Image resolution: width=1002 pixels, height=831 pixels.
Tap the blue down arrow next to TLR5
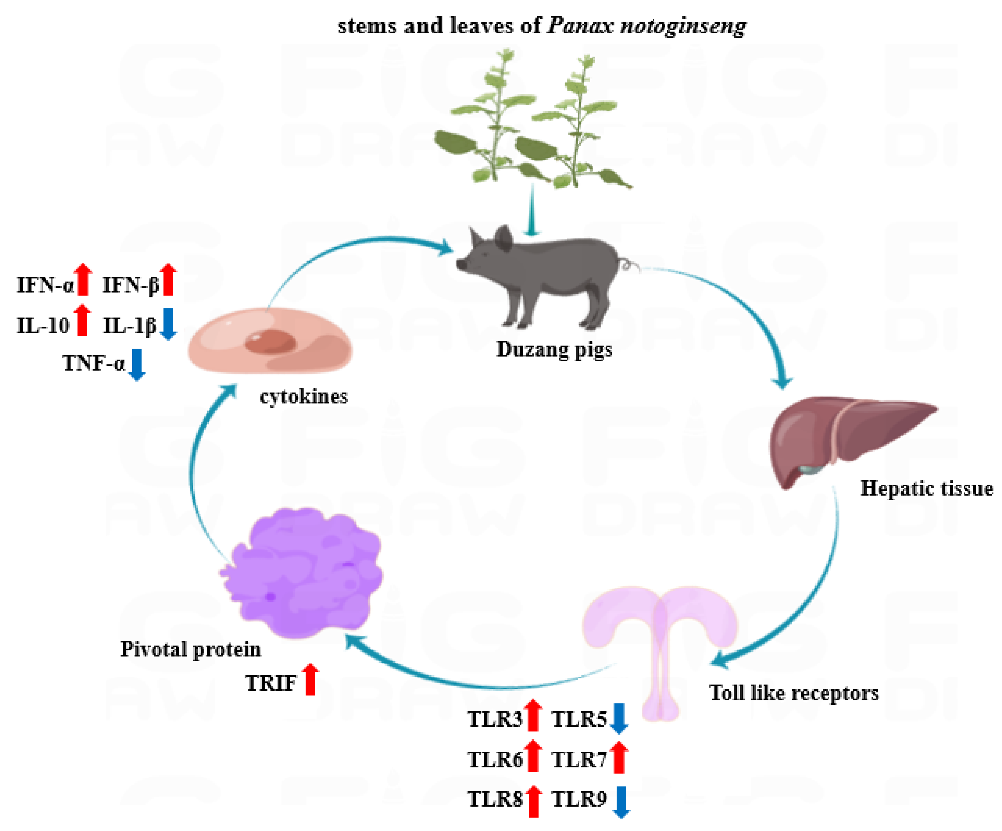618,718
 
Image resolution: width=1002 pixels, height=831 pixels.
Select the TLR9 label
579,799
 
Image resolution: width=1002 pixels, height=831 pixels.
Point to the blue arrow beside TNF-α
137,364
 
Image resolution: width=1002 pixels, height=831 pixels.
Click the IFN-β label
130,285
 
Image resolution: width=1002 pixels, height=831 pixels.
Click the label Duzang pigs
554,349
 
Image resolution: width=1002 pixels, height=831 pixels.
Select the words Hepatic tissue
926,489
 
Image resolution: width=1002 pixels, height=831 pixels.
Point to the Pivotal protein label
190,649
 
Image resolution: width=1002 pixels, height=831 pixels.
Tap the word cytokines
303,396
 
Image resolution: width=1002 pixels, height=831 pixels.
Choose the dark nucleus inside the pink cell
270,342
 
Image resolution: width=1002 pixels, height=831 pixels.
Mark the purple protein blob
305,572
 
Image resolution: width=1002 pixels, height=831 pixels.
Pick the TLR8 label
495,799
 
